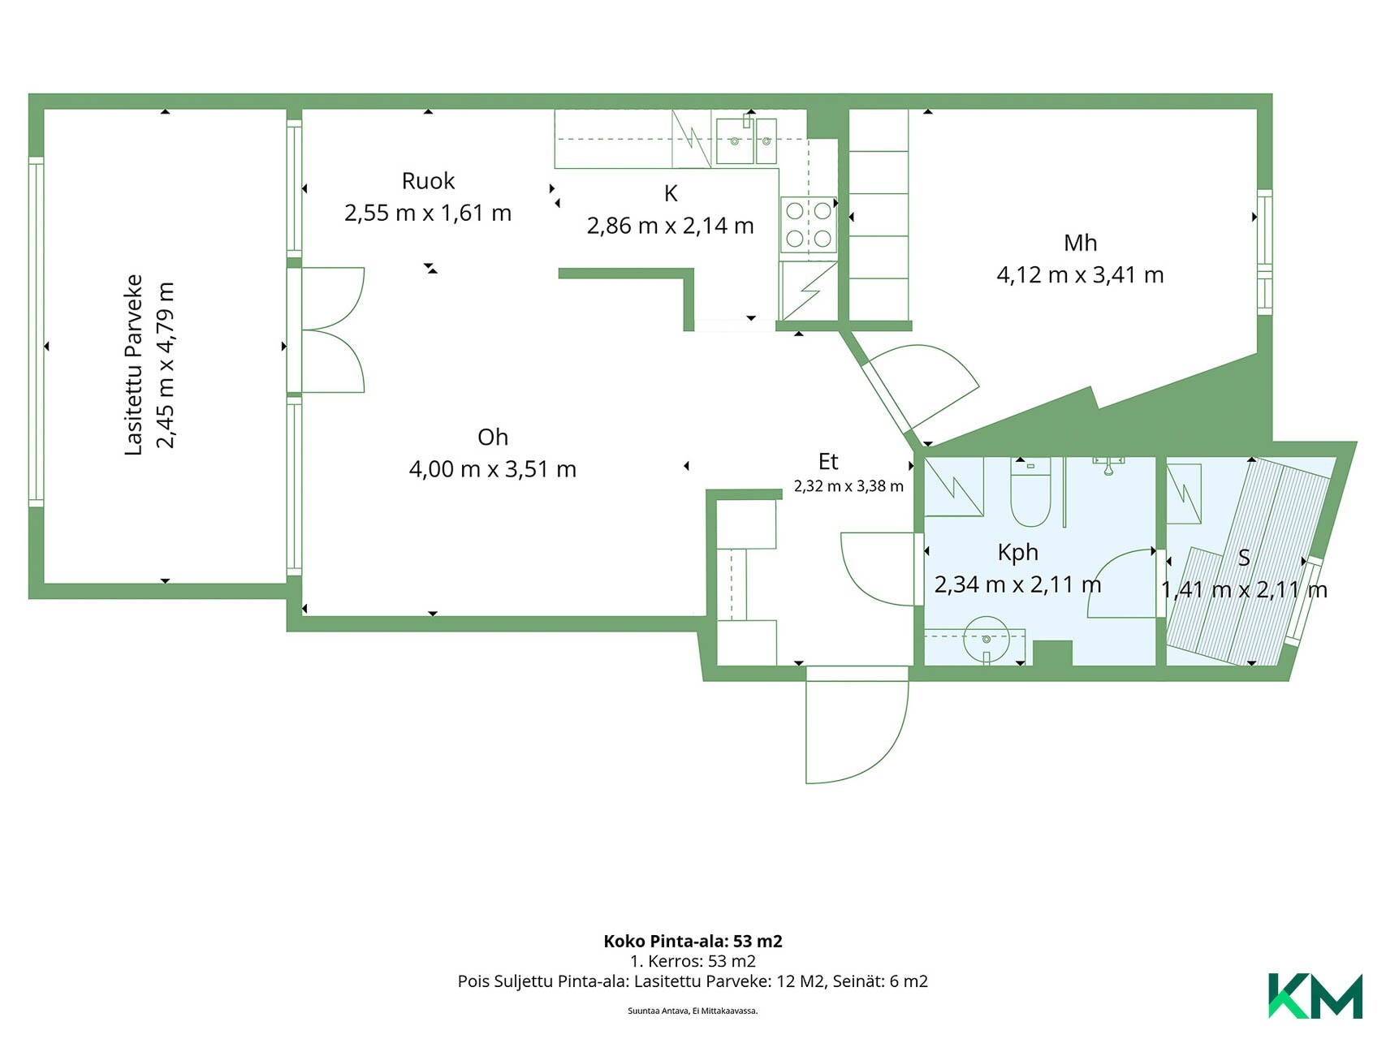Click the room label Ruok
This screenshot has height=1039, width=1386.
tap(428, 180)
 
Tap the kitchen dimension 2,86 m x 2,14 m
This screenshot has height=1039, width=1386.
tap(670, 225)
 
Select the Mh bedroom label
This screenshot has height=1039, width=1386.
tap(1080, 243)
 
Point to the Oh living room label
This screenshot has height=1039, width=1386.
tap(493, 437)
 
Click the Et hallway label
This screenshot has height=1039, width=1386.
tap(828, 461)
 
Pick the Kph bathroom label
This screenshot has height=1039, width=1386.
tap(1017, 553)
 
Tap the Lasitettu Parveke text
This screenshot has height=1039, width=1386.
tap(134, 365)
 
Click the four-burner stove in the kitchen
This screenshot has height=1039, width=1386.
tap(809, 224)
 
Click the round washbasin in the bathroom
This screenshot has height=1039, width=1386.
tap(986, 640)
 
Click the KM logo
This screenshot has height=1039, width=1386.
tap(1315, 995)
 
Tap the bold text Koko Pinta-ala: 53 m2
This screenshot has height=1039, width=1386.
tap(693, 941)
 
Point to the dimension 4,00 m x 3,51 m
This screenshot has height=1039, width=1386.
tap(493, 469)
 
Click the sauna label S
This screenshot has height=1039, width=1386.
tap(1243, 558)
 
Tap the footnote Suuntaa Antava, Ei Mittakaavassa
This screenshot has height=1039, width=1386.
tap(693, 1011)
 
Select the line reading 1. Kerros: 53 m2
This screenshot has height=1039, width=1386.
tap(693, 961)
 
